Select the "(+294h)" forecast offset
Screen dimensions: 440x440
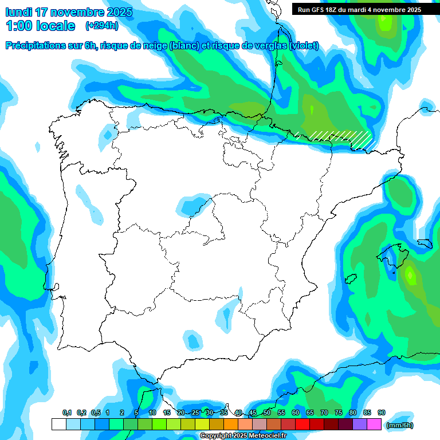[x=102, y=26]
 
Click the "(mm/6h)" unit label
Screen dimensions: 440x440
[x=399, y=425]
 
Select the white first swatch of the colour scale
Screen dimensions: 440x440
[x=58, y=425]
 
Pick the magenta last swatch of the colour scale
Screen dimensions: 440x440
[x=374, y=425]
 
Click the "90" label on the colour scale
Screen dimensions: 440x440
[x=382, y=413]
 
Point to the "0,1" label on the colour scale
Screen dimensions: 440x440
[x=67, y=413]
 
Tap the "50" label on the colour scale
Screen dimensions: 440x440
[x=267, y=413]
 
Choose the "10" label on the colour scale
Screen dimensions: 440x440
[x=152, y=413]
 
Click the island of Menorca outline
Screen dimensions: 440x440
[x=424, y=243]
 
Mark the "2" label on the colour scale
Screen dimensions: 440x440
[x=122, y=413]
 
